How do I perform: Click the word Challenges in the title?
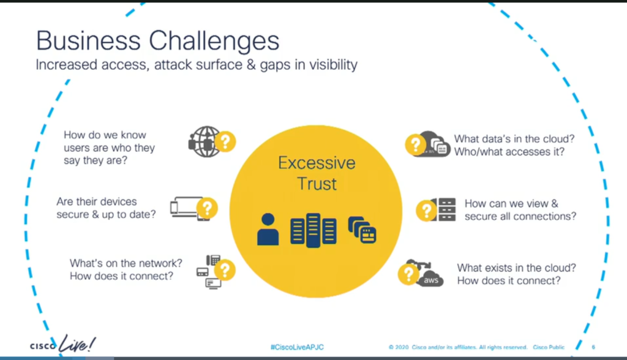click(x=214, y=41)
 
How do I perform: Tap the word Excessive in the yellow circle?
click(x=317, y=163)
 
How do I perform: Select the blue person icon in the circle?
click(x=268, y=229)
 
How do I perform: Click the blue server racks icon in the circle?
click(x=313, y=230)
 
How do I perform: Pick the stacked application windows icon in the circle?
click(x=362, y=230)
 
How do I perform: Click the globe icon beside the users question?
click(x=204, y=141)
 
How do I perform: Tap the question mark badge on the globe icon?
click(x=225, y=141)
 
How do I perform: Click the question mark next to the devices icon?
click(x=207, y=208)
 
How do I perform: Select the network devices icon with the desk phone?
click(x=209, y=272)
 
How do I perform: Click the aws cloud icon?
click(x=426, y=274)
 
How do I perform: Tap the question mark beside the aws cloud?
click(x=408, y=274)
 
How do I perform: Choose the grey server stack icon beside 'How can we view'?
click(x=445, y=209)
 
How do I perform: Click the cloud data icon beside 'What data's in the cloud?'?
click(x=432, y=144)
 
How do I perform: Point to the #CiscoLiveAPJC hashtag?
click(x=297, y=347)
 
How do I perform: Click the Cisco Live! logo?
click(x=63, y=344)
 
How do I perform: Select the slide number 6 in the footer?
click(x=593, y=347)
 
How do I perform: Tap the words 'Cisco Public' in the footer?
click(x=549, y=347)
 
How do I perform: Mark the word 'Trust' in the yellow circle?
click(x=317, y=184)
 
